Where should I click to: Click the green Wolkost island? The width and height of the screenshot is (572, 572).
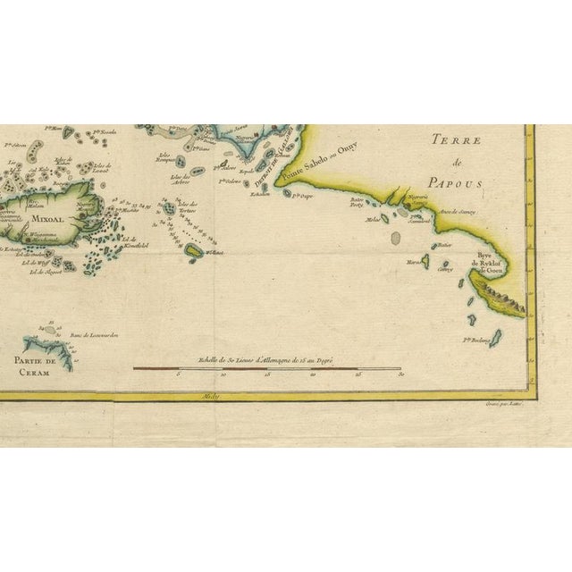click(x=193, y=254)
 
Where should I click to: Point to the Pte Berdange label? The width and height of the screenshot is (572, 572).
click(x=477, y=340)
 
